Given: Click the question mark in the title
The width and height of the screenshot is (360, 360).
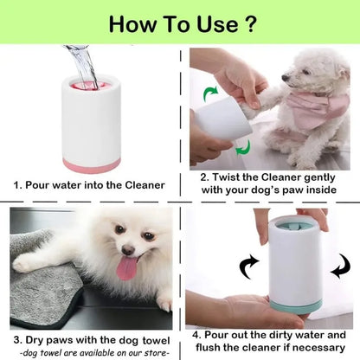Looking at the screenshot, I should pos(250,22).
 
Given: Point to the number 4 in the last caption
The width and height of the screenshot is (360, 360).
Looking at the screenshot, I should pos(196,332).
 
